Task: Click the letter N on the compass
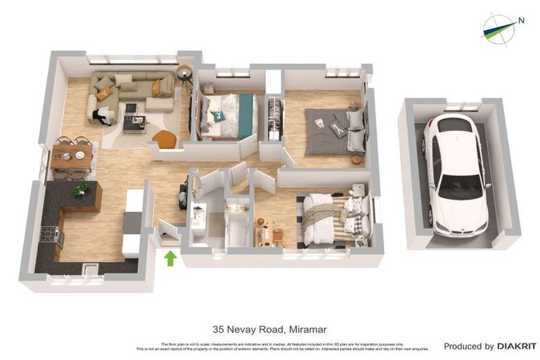pos(521,20)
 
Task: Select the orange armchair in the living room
pos(165,139)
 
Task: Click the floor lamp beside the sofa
pos(184,74)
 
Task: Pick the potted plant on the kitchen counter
pos(82,188)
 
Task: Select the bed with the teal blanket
pos(227,115)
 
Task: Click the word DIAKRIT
pos(516,346)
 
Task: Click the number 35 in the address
pos(219,329)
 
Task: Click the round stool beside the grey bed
pos(357,160)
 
